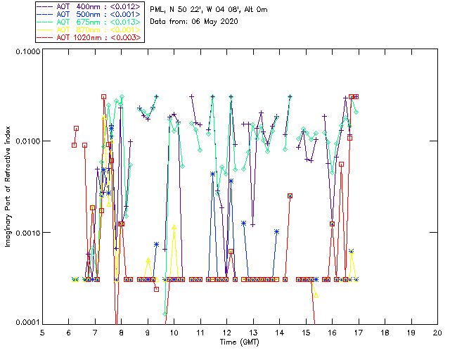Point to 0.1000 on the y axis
click(x=26, y=52)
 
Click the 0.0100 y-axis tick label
click(x=26, y=142)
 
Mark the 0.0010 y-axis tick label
click(x=26, y=233)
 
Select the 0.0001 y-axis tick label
click(x=26, y=323)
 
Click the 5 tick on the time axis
click(x=42, y=332)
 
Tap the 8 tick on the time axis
click(x=122, y=332)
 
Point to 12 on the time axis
click(x=226, y=332)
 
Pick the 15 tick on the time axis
click(x=306, y=332)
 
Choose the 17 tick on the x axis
click(x=359, y=332)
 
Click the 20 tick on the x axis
click(x=437, y=332)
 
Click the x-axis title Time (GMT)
click(x=239, y=341)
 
